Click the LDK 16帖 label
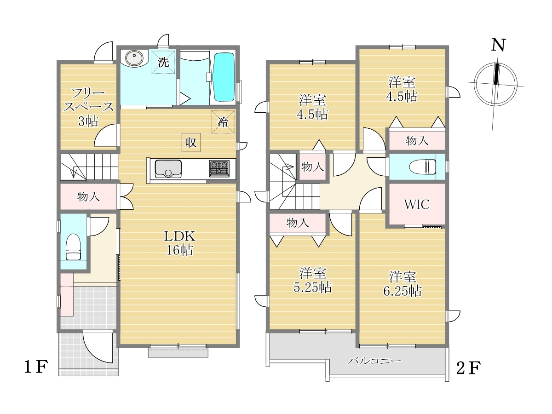point(179,243)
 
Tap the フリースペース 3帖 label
point(88,108)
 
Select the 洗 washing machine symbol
point(163,62)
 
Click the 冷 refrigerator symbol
point(223,121)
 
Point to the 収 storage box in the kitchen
point(191,143)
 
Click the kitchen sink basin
point(168,169)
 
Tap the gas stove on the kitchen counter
point(219,168)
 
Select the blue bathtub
point(224,77)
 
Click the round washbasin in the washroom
point(134,58)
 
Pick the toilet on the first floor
point(73,247)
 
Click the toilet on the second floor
point(422,167)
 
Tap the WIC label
point(417,204)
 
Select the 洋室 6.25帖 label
point(402,284)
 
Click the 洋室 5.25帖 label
point(313,280)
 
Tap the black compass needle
point(496,74)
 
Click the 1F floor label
point(36,367)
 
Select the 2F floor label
point(468,368)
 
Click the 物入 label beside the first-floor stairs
point(88,196)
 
